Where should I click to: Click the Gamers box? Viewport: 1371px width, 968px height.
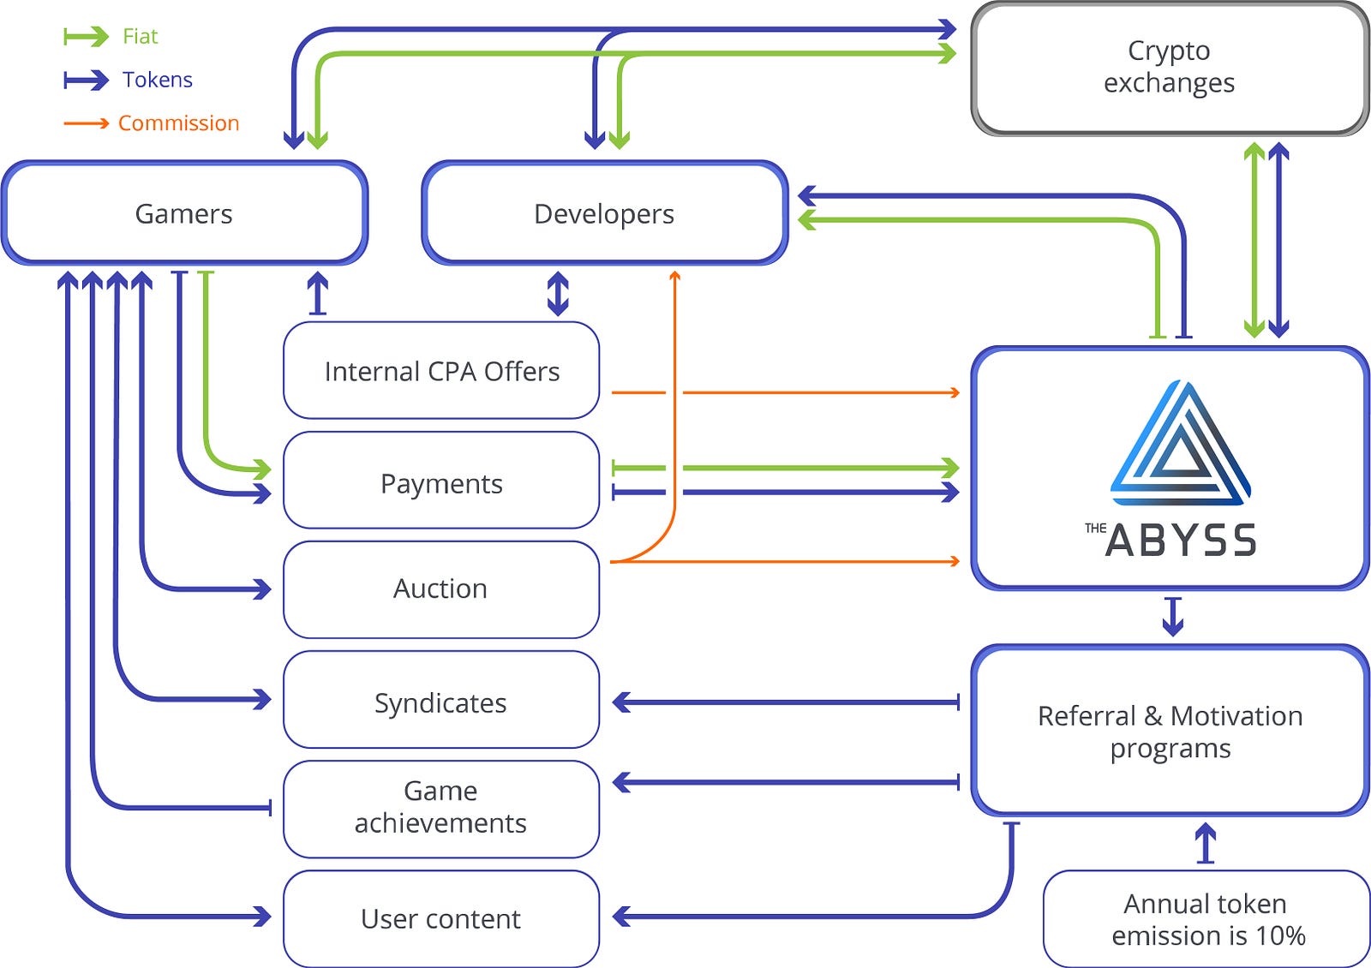coord(184,213)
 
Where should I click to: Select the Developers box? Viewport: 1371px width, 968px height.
coord(604,213)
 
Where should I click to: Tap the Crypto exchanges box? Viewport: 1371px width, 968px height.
coord(1169,68)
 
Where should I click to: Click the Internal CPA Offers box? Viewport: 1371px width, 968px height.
coord(441,371)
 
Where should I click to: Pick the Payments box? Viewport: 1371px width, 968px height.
coord(441,483)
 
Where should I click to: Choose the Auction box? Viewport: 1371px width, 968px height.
coord(441,589)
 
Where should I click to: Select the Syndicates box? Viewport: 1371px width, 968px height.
coord(441,702)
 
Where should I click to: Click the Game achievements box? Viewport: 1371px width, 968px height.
coord(441,807)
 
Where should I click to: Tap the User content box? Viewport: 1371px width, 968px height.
coord(441,918)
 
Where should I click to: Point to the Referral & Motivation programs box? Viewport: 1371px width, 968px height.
coord(1170,731)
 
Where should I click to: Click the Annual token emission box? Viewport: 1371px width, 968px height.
coord(1206,918)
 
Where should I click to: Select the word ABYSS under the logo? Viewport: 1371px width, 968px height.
coord(1181,541)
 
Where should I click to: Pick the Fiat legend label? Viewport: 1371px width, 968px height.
coord(140,36)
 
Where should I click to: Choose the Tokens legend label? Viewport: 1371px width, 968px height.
coord(157,80)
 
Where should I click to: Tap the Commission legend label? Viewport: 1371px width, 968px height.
coord(178,123)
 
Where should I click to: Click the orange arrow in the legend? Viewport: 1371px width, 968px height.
coord(86,123)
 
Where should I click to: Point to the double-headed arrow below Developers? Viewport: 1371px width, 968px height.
coord(558,293)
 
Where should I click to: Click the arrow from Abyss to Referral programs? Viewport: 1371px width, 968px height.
coord(1173,616)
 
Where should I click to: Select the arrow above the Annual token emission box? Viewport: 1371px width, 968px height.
coord(1206,842)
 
